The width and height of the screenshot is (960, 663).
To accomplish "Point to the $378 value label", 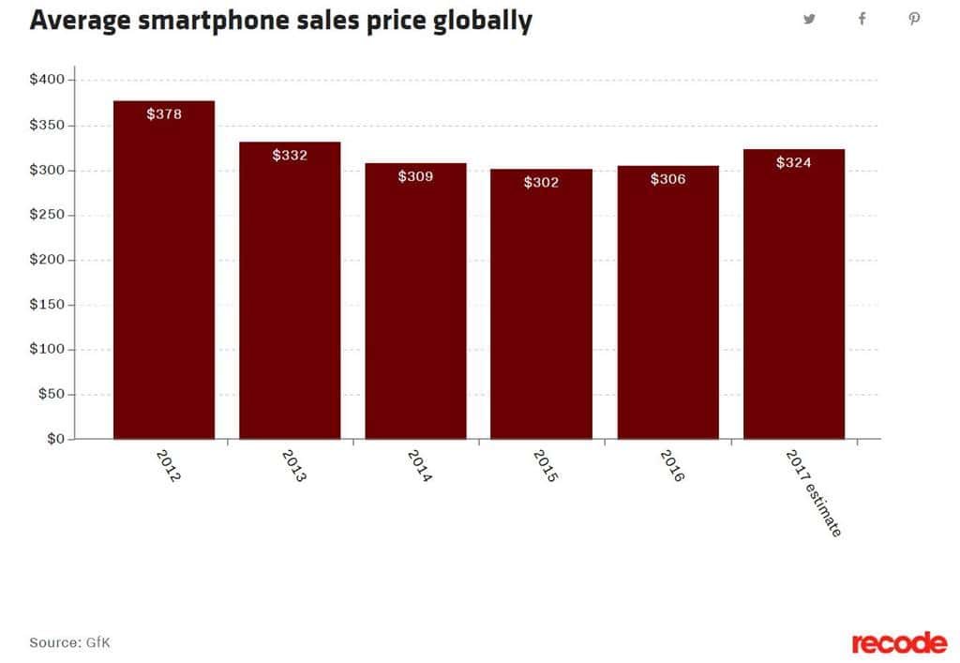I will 164,114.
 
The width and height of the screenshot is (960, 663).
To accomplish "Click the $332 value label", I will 290,156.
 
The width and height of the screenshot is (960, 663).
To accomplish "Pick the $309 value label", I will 415,176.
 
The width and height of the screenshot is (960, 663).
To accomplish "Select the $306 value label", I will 667,179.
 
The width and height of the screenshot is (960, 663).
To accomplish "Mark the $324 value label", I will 793,163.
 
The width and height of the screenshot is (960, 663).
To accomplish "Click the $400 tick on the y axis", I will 47,81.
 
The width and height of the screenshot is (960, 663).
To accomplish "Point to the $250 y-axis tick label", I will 47,216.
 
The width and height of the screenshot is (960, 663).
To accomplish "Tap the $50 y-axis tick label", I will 51,395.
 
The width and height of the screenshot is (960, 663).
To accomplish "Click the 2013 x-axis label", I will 293,465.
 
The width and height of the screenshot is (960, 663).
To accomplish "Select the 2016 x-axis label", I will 672,465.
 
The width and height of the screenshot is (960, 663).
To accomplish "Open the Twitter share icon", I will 809,20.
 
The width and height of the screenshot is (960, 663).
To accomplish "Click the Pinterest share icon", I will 914,20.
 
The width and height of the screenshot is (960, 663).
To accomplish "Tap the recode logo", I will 899,642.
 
